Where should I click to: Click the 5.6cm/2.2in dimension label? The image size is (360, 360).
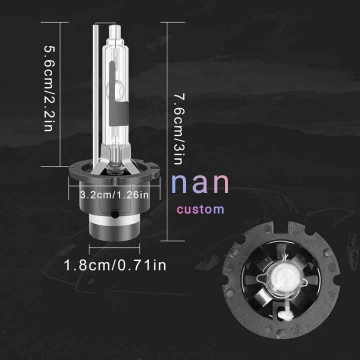[x=49, y=88]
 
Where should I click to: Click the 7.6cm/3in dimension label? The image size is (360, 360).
[x=179, y=129]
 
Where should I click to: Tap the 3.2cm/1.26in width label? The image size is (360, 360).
[x=114, y=195]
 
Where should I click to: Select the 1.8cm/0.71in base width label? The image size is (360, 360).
[x=115, y=265]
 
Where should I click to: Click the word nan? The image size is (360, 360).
[x=200, y=184]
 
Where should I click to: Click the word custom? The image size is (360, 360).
[x=200, y=209]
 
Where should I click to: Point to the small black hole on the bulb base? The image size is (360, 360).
[x=115, y=214]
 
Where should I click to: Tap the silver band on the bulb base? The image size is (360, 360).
[x=114, y=220]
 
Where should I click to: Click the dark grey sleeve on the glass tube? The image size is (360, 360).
[x=118, y=114]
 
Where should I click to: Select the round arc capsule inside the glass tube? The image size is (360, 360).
[x=115, y=88]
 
